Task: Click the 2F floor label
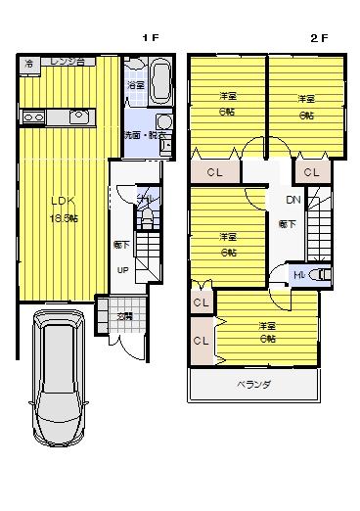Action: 319,37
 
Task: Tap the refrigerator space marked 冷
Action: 29,64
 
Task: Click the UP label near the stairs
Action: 123,270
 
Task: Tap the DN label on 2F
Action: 292,201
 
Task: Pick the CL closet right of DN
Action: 311,172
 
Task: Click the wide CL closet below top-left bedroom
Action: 217,172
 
